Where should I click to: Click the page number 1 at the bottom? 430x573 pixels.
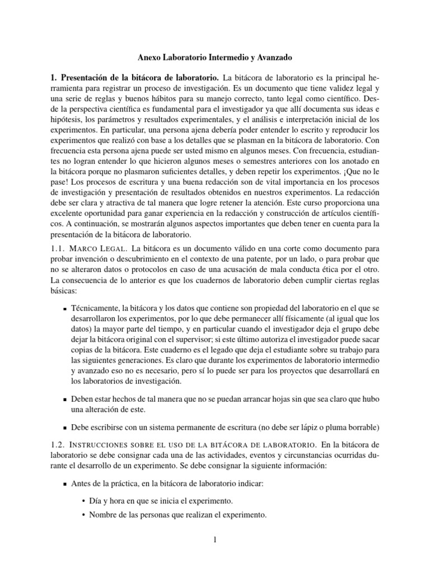215,539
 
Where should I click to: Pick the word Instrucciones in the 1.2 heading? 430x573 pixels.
116,444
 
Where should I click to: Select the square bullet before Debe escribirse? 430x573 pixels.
65,427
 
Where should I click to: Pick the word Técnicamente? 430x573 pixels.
95,308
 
